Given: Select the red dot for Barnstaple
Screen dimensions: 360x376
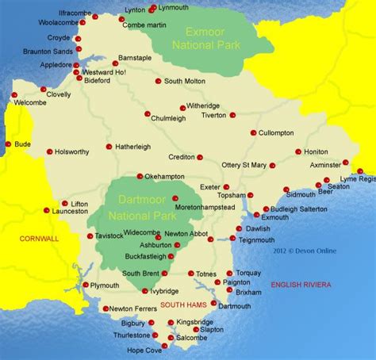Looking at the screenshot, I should click(115, 63).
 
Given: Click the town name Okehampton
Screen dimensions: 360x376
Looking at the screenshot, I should click(165, 177).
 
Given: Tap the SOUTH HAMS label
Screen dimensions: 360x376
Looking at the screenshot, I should click(183, 304).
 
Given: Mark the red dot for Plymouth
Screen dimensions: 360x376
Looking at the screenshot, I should click(86, 285).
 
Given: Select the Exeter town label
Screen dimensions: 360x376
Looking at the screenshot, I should click(210, 187).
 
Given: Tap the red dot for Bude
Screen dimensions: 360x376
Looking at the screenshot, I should click(8, 144).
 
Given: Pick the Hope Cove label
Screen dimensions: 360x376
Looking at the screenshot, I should click(140, 350).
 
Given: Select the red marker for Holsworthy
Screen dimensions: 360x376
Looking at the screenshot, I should click(49, 151).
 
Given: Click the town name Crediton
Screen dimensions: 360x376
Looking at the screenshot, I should click(178, 158).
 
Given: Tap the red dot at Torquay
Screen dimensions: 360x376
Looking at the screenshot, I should click(229, 273).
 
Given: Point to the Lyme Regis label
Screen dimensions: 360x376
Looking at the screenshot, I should click(358, 179).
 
